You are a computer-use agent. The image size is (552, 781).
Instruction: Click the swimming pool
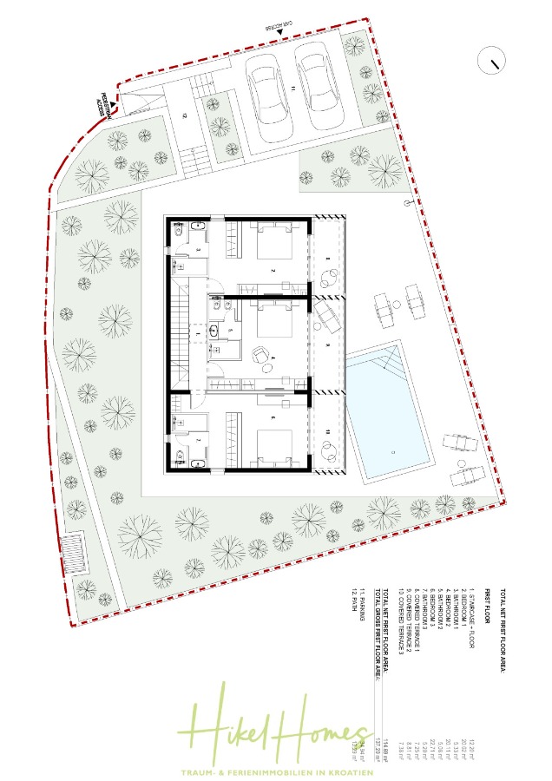pos(388,412)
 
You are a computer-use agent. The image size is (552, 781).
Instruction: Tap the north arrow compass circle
pos(492,62)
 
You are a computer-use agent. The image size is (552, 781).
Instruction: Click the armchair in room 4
pos(259,354)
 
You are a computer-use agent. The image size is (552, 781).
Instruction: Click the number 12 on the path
pos(183,114)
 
